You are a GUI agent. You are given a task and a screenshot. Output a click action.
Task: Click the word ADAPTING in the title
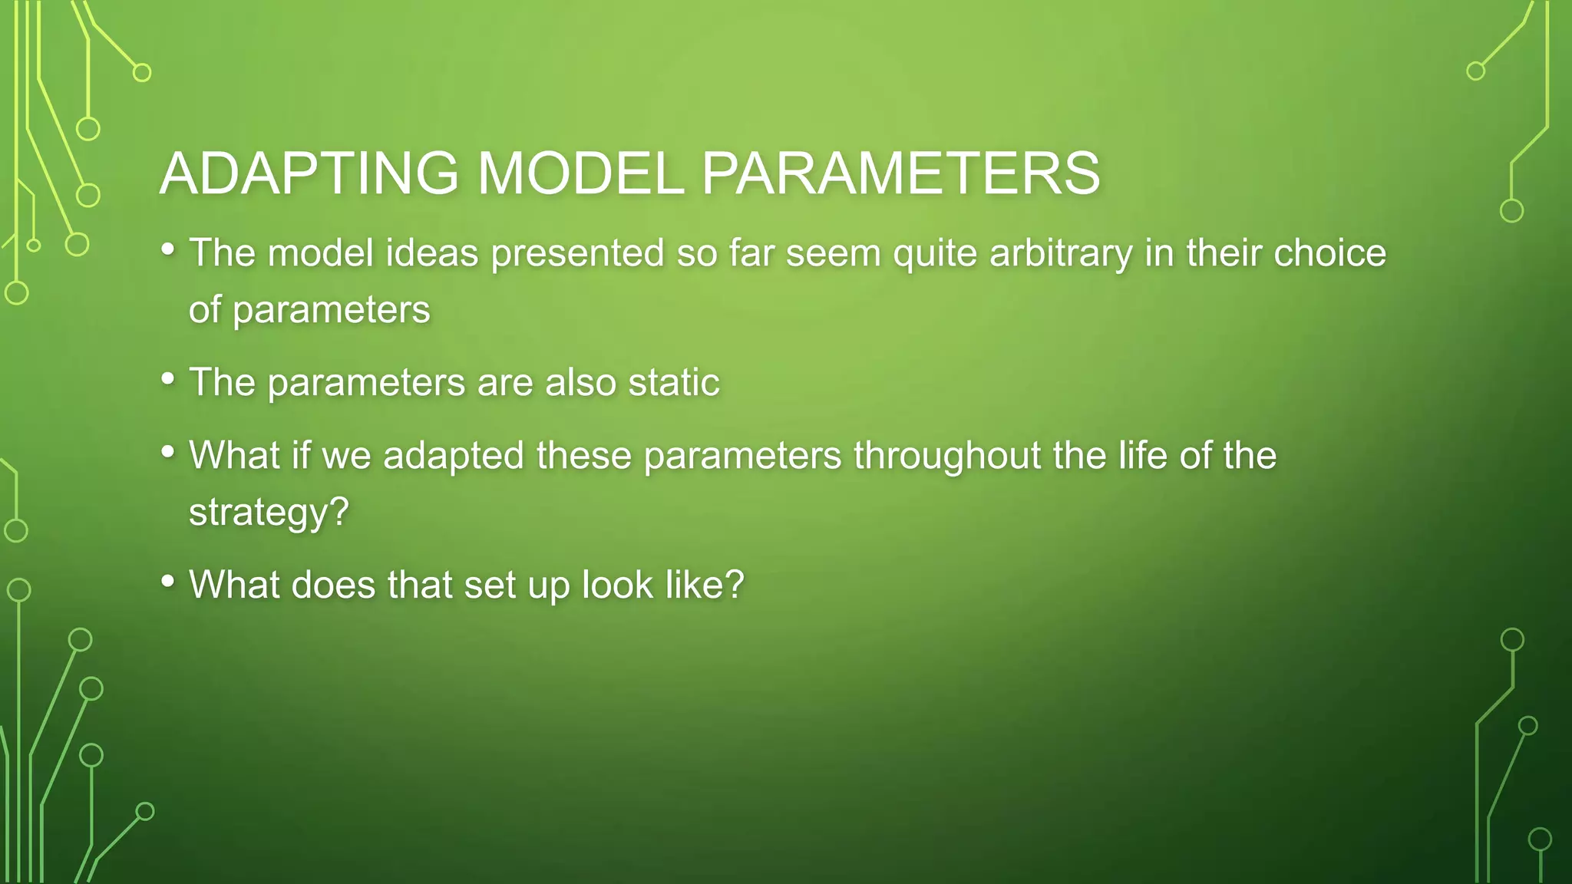point(309,173)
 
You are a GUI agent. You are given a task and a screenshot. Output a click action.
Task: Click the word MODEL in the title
point(580,173)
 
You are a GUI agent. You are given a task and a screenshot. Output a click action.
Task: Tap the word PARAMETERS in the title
point(901,173)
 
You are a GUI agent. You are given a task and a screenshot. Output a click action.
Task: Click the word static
point(674,382)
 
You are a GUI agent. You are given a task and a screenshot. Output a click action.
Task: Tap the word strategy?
point(269,512)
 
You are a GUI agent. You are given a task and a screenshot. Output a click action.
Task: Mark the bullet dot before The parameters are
point(168,379)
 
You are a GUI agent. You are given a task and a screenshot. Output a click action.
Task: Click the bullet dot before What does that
point(168,582)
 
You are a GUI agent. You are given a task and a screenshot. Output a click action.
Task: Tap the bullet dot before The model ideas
point(168,249)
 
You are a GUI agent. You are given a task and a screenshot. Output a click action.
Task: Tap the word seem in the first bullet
point(834,253)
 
